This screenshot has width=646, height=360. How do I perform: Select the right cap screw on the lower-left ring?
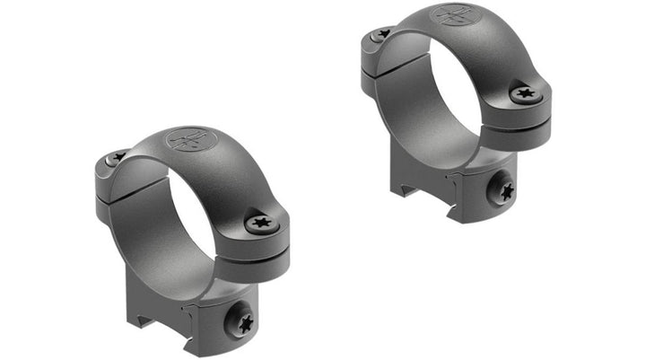click(262, 221)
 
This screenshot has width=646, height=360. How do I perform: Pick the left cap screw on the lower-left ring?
click(118, 157)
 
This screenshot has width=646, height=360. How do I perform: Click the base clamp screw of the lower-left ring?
click(241, 318)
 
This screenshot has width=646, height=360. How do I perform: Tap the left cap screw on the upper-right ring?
click(384, 33)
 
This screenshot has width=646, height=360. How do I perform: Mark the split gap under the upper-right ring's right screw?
click(525, 114)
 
